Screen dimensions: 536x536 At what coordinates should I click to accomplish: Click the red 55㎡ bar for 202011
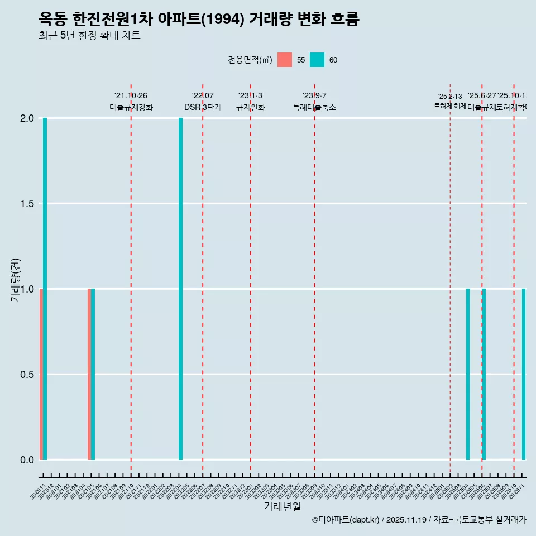pyautogui.click(x=41, y=374)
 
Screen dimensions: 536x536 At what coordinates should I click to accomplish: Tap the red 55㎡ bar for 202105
pyautogui.click(x=89, y=374)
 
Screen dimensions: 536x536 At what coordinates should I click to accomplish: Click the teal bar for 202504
pyautogui.click(x=468, y=374)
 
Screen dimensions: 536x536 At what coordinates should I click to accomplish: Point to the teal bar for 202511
pyautogui.click(x=524, y=374)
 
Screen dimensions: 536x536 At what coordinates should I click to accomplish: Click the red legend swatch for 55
pyautogui.click(x=285, y=60)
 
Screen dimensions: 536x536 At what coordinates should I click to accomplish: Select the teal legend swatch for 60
pyautogui.click(x=317, y=60)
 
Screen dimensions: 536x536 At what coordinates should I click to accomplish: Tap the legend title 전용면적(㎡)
pyautogui.click(x=250, y=60)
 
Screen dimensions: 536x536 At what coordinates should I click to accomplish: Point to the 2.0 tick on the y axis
pyautogui.click(x=27, y=118)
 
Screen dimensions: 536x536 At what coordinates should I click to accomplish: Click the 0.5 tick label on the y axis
pyautogui.click(x=27, y=375)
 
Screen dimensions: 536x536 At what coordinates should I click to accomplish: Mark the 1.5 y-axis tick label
pyautogui.click(x=27, y=204)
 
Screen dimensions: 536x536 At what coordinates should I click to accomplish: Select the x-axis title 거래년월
pyautogui.click(x=282, y=507)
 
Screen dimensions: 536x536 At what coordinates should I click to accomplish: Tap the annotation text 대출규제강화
pyautogui.click(x=131, y=107)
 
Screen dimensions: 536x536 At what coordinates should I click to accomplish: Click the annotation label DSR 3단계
pyautogui.click(x=203, y=107)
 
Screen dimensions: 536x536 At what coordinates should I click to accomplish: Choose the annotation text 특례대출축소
pyautogui.click(x=314, y=107)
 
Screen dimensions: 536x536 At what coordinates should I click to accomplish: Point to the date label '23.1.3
pyautogui.click(x=250, y=96)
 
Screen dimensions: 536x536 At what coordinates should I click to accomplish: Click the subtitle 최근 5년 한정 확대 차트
pyautogui.click(x=89, y=36)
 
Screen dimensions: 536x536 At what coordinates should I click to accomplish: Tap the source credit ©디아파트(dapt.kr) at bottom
pyautogui.click(x=346, y=520)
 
